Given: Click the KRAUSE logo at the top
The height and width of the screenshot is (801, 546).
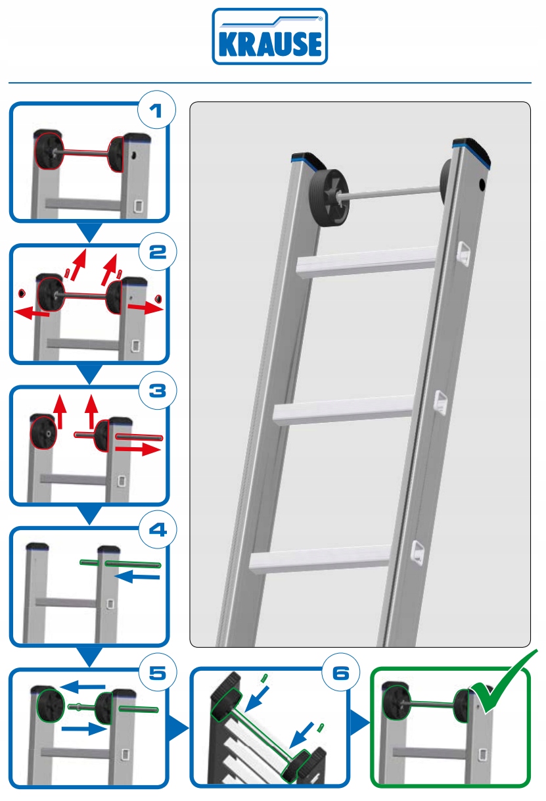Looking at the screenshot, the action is (x=269, y=37).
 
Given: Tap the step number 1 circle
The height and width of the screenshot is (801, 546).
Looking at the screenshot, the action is (x=156, y=111).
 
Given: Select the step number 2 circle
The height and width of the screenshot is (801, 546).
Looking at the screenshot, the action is (x=158, y=253).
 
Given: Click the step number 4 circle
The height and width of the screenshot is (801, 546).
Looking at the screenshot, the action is (x=158, y=530).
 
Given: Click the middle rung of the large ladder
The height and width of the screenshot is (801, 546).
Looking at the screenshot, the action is (x=344, y=411).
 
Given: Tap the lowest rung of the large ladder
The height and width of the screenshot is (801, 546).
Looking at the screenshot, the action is (x=321, y=560).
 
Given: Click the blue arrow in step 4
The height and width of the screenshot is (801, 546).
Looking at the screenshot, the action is (x=137, y=577).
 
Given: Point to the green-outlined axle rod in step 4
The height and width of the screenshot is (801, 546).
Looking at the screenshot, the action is (x=120, y=564).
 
